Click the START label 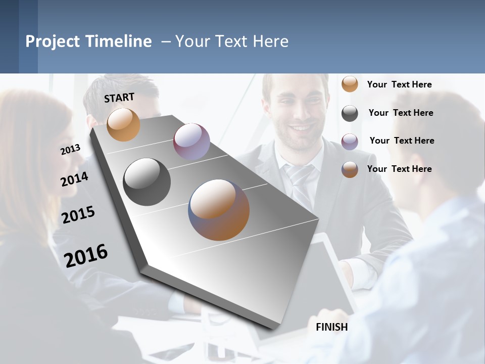coord(119,98)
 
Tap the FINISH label coord(331,327)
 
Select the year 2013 coord(70,149)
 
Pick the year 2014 coord(74,179)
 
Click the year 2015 coord(78,215)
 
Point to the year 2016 coord(86,255)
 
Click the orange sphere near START coord(123,124)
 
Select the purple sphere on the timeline coord(191,141)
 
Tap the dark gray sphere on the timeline coord(147,182)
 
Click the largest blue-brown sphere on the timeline coord(219,210)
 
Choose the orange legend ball coord(350,84)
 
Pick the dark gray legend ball coord(350,113)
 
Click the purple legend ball coord(350,141)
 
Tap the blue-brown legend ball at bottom coord(350,169)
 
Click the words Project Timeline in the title coord(88,41)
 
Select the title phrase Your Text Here coord(231,41)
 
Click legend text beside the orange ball coord(399,84)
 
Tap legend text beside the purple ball coord(402,141)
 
